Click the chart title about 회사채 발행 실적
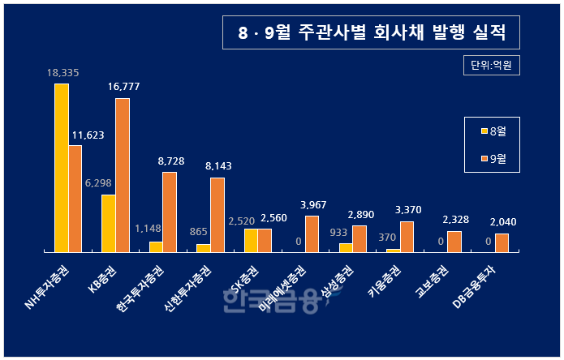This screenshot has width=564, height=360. coord(371,33)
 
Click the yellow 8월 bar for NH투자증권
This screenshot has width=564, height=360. coord(62,168)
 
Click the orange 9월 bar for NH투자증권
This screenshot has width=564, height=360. coord(75,199)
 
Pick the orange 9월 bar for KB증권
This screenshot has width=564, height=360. coord(123,175)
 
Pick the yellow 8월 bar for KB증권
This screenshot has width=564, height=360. coord(109,223)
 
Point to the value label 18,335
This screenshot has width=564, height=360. coord(62,73)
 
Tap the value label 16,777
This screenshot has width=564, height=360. coord(123,87)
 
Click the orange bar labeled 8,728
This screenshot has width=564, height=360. coord(170,212)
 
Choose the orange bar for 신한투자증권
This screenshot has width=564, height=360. coord(217,215)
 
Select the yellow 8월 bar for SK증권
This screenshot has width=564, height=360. coord(251,240)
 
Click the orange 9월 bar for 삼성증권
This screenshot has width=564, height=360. coord(359,238)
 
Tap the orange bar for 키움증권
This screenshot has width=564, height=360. coord(407,236)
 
